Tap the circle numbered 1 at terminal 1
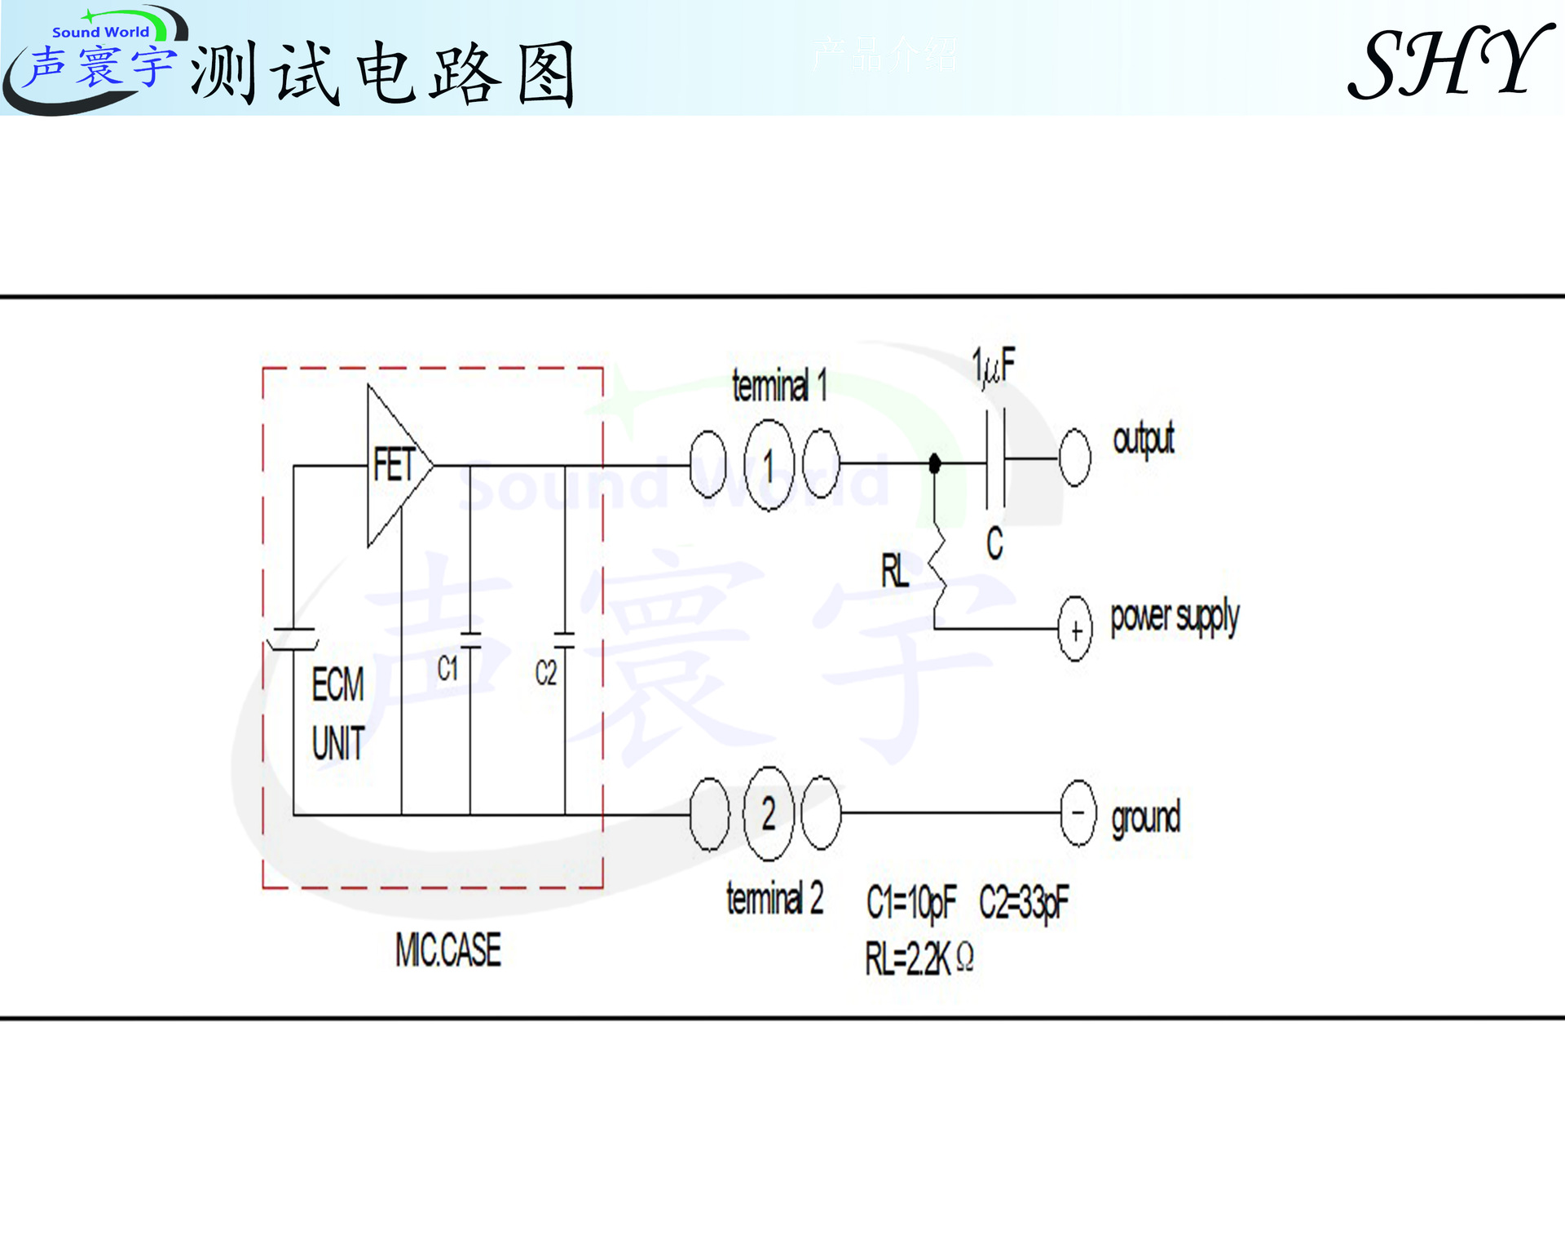click(x=769, y=465)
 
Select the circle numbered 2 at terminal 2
click(x=769, y=813)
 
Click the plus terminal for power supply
click(x=1075, y=630)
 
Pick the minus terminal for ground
click(x=1078, y=813)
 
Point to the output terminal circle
click(x=1074, y=458)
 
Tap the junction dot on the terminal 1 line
click(x=935, y=463)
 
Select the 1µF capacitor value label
click(x=994, y=366)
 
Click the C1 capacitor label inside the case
click(x=447, y=669)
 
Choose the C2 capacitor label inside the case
click(x=545, y=673)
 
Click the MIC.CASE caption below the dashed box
click(x=448, y=950)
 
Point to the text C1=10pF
click(x=910, y=903)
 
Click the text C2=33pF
click(x=1024, y=903)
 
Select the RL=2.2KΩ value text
click(x=919, y=958)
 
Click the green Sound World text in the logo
click(x=100, y=32)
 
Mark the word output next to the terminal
click(x=1144, y=440)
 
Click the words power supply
click(x=1174, y=619)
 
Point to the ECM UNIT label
click(x=338, y=713)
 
